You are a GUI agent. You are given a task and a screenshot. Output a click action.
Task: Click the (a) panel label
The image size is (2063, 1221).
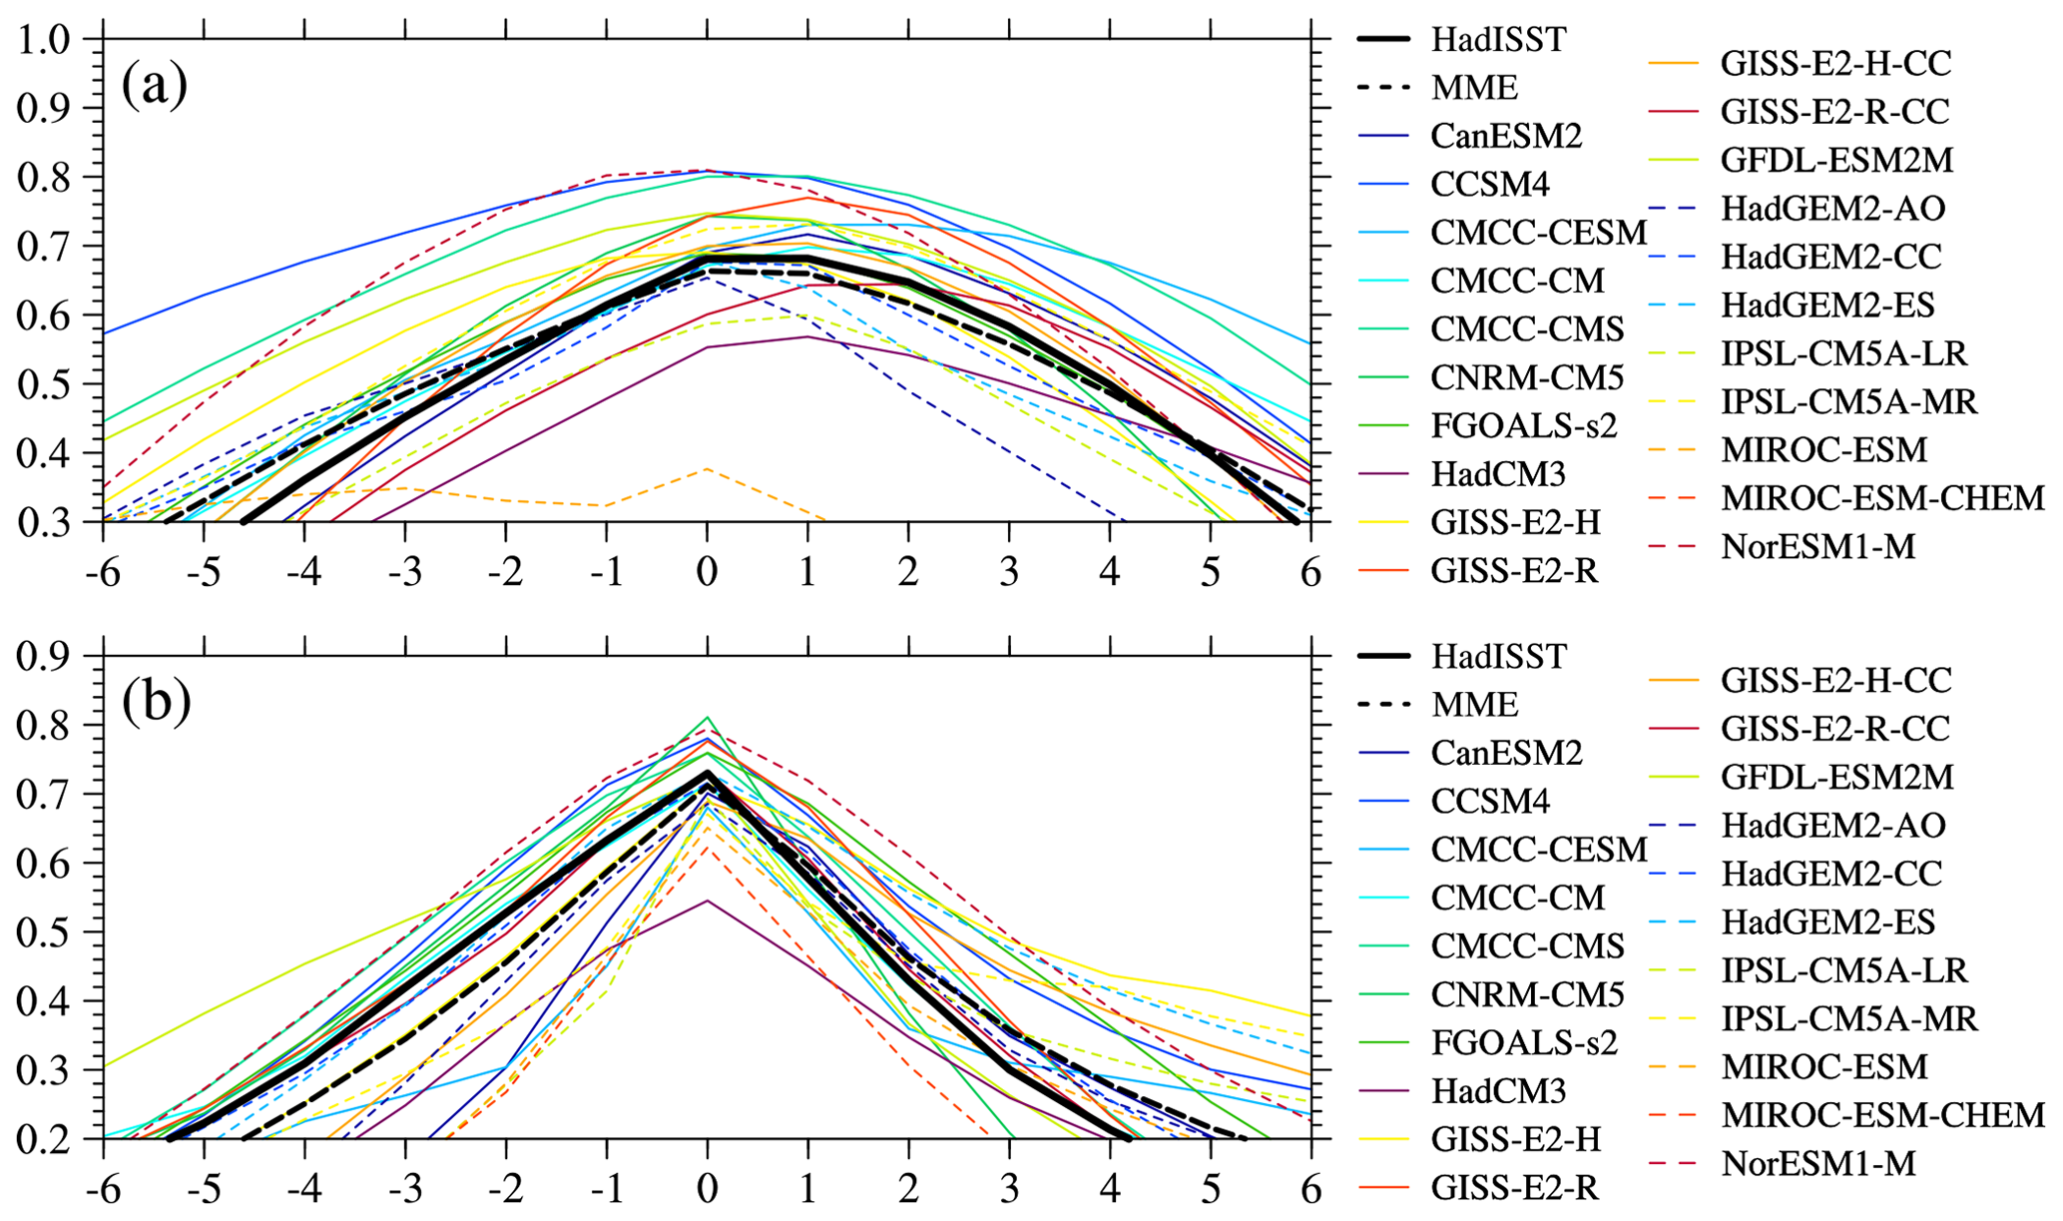155,85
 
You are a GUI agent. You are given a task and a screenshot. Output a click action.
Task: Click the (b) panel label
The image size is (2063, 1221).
156,701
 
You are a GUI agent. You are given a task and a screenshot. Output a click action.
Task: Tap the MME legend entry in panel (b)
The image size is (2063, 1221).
1474,704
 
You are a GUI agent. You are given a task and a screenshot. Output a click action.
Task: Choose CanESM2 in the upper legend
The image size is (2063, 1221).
1506,135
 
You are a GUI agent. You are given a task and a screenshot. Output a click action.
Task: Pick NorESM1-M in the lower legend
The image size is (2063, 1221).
1817,1163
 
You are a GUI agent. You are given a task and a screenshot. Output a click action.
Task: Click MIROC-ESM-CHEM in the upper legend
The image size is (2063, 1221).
1882,497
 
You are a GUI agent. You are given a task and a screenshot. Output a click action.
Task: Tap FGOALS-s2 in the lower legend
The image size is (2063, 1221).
1523,1042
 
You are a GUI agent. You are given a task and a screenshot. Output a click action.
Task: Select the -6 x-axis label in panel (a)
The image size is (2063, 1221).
102,572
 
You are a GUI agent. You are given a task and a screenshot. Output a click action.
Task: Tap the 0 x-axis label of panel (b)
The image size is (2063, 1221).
707,1189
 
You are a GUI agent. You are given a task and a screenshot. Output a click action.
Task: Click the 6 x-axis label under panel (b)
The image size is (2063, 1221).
1310,1189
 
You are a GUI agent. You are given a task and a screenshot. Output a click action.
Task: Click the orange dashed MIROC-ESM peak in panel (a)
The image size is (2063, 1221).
707,468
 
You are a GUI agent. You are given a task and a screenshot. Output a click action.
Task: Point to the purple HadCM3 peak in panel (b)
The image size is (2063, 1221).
707,901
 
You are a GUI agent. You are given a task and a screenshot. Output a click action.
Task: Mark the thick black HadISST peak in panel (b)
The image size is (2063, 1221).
707,773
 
